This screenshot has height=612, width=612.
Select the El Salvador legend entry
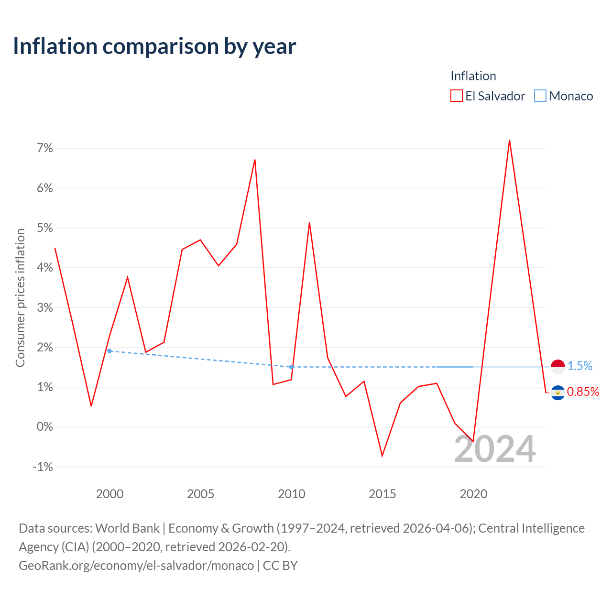point(488,96)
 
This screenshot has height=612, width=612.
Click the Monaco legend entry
point(563,96)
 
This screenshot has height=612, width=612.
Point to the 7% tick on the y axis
point(45,148)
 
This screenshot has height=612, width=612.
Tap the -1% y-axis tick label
point(43,467)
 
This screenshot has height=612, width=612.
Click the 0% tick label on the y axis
point(45,426)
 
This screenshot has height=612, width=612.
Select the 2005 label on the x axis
point(200,494)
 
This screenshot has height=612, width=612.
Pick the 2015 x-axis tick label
point(382,494)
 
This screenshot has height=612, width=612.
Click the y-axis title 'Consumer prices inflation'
point(21,298)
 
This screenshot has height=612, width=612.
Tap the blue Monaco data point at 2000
point(109,351)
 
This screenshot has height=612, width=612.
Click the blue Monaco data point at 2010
point(291,367)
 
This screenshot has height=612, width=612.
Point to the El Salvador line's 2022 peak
point(509,140)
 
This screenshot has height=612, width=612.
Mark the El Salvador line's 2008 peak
point(255,160)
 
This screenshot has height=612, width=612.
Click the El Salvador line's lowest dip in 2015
point(382,456)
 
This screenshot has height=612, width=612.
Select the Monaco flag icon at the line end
point(557,367)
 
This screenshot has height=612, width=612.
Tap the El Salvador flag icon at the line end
point(557,393)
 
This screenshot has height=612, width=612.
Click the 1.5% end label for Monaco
point(580,366)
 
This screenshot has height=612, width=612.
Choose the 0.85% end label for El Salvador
point(583,392)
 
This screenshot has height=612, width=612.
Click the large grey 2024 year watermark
point(495,449)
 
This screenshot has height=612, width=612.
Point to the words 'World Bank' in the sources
point(127,528)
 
